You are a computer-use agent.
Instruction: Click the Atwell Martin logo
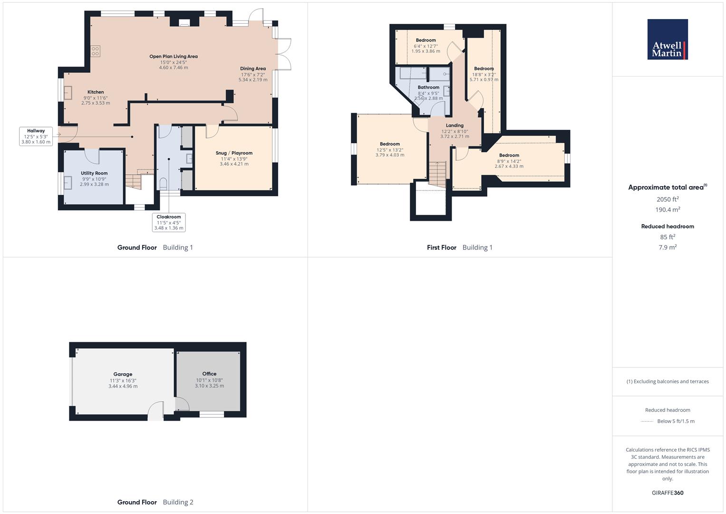[x=668, y=40]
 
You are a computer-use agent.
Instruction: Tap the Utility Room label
[x=94, y=173]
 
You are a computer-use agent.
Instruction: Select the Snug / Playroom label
[x=234, y=153]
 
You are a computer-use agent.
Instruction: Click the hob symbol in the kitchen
[x=95, y=51]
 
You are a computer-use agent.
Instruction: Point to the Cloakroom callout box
[x=169, y=222]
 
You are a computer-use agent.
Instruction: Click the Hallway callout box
[x=36, y=136]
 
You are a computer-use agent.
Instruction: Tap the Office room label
[x=209, y=374]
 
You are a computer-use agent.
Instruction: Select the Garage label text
[x=123, y=374]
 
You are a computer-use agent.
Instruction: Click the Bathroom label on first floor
[x=428, y=88]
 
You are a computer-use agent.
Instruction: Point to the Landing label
[x=455, y=126]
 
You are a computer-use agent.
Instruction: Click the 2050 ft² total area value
[x=668, y=199]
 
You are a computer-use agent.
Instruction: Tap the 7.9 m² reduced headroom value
[x=668, y=247]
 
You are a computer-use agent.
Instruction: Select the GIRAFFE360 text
[x=668, y=493]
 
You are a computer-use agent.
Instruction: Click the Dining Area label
[x=253, y=69]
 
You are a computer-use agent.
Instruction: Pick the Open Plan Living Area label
[x=174, y=56]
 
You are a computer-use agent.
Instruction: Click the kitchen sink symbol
[x=68, y=92]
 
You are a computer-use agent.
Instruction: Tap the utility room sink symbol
[x=68, y=182]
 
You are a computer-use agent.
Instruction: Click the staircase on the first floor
[x=437, y=173]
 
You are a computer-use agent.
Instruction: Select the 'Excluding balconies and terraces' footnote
[x=668, y=381]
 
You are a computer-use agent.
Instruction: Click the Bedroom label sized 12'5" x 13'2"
[x=390, y=144]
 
